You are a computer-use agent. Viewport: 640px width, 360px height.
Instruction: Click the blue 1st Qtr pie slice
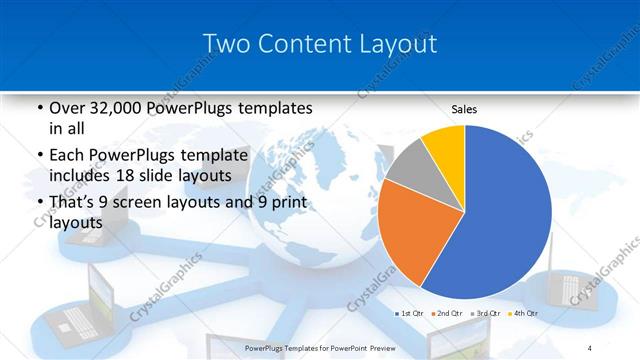505,210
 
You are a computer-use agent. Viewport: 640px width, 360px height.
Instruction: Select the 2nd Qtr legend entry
448,313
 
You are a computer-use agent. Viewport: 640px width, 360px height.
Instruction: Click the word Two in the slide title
226,44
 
